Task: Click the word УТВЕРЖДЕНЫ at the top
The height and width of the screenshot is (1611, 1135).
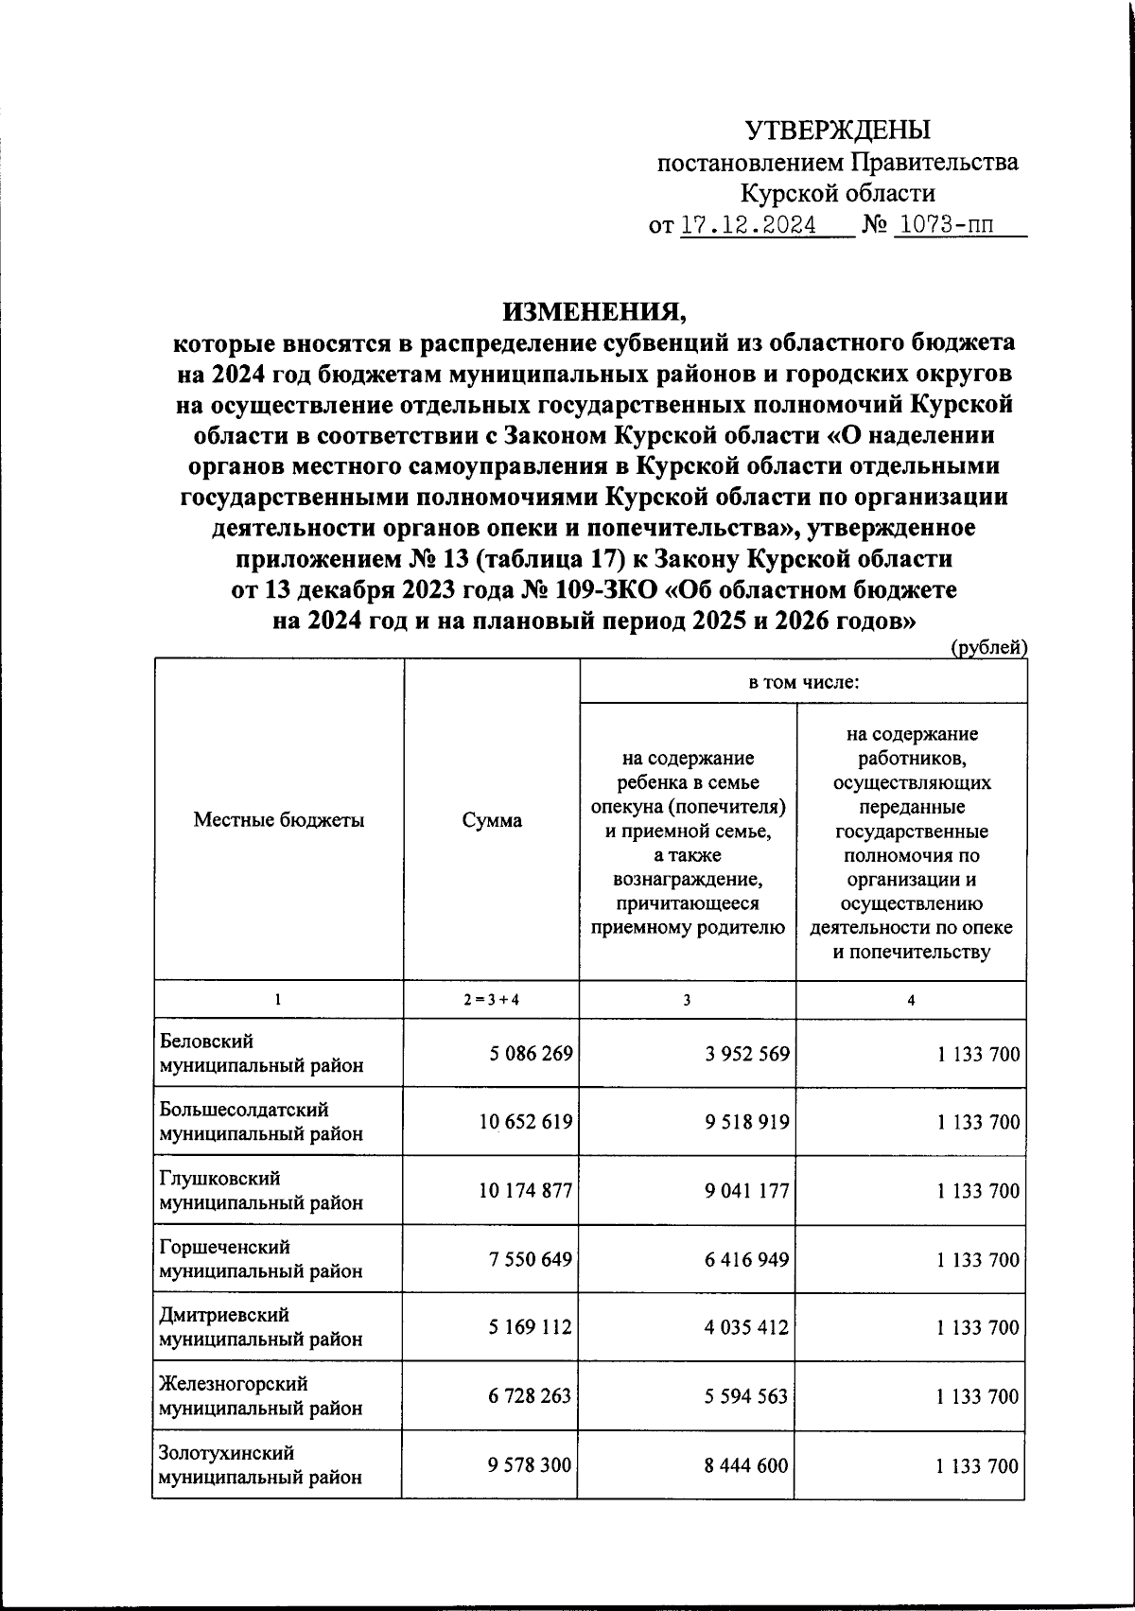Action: (x=838, y=130)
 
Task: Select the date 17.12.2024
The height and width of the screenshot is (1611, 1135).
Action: (x=748, y=227)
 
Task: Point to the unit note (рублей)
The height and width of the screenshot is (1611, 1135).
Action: (x=988, y=647)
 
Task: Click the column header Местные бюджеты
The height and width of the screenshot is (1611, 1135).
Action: (x=279, y=820)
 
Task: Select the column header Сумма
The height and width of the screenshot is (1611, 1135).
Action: (x=491, y=820)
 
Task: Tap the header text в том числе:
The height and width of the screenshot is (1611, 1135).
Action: (x=803, y=681)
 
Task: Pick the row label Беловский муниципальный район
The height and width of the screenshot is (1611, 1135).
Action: (x=260, y=1053)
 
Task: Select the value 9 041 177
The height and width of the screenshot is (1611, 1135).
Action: (x=746, y=1191)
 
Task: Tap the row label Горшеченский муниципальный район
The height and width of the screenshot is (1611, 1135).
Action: (x=260, y=1259)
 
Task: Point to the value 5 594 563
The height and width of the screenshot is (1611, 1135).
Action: (x=746, y=1396)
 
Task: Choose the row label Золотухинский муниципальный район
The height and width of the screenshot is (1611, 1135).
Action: (x=260, y=1464)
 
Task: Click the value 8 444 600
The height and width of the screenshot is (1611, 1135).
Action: (x=746, y=1465)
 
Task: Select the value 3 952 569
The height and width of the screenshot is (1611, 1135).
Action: (x=746, y=1053)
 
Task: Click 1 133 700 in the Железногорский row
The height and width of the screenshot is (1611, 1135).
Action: (x=978, y=1396)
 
